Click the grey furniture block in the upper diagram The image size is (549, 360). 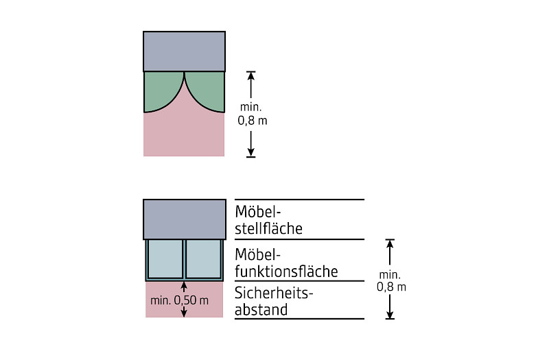point(184,51)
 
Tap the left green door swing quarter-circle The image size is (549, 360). point(161,93)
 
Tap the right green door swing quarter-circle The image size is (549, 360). point(208,93)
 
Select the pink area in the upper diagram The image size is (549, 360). point(184,137)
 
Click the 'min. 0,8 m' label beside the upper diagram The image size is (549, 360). point(251,114)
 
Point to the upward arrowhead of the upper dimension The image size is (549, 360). point(251,76)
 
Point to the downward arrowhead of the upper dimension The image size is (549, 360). point(251,152)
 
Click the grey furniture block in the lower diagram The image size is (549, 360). point(184,219)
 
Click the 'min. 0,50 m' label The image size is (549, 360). point(179,300)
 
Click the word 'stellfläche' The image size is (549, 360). point(268,227)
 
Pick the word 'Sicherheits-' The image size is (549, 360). point(274,293)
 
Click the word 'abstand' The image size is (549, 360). point(261,310)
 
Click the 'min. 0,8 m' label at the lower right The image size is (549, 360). point(391,281)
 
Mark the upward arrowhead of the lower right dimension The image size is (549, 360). point(390,244)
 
